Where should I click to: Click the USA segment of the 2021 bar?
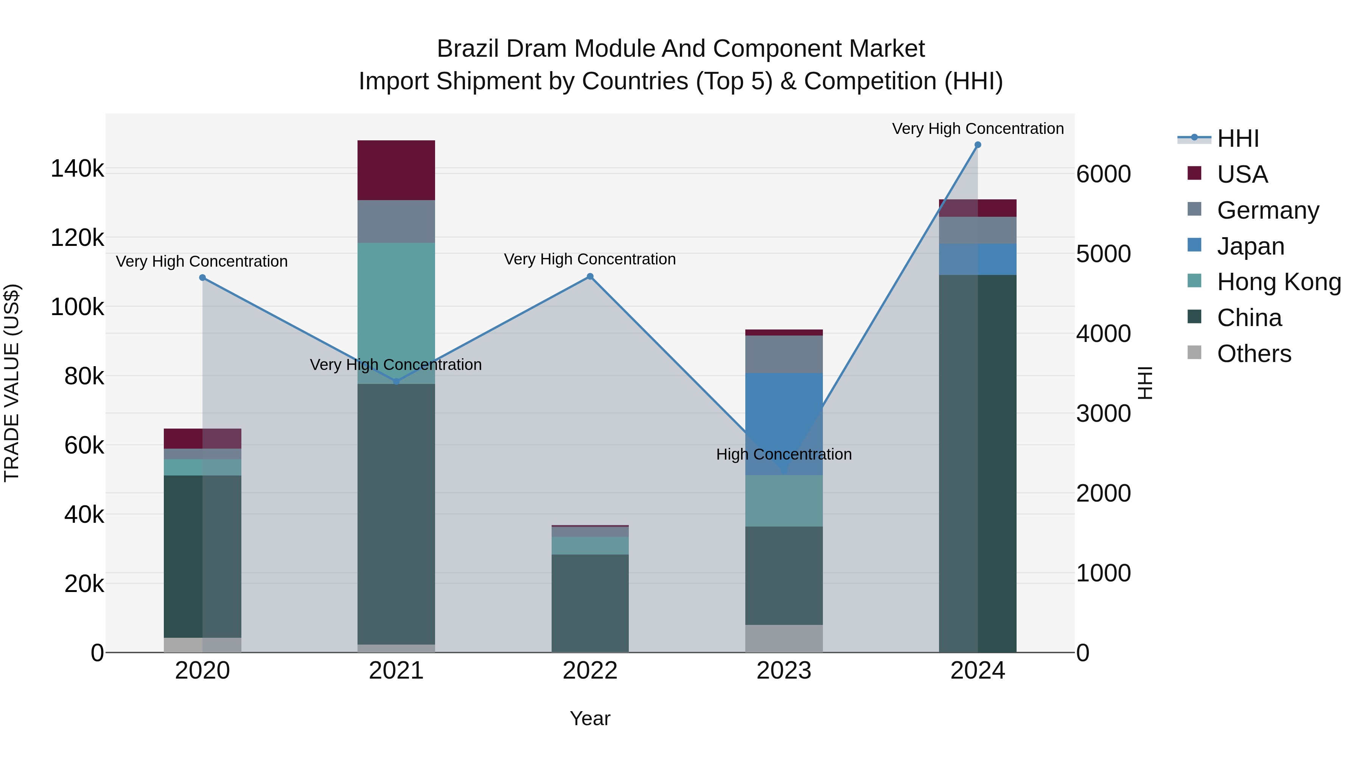396,170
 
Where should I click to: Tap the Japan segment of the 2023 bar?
784,423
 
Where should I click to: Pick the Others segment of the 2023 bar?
784,638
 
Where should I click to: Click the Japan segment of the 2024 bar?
978,259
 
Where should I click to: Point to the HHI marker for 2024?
978,145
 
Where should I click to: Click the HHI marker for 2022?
590,277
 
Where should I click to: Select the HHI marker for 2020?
202,278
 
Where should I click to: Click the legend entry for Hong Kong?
1278,282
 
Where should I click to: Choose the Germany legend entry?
1267,210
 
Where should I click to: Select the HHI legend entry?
1237,138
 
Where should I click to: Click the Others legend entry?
1254,354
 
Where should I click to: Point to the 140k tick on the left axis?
77,169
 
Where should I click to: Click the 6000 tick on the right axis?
1104,174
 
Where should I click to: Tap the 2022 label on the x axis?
590,670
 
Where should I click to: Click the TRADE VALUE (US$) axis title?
12,383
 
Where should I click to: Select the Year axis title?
590,718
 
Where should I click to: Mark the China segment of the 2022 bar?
590,603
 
